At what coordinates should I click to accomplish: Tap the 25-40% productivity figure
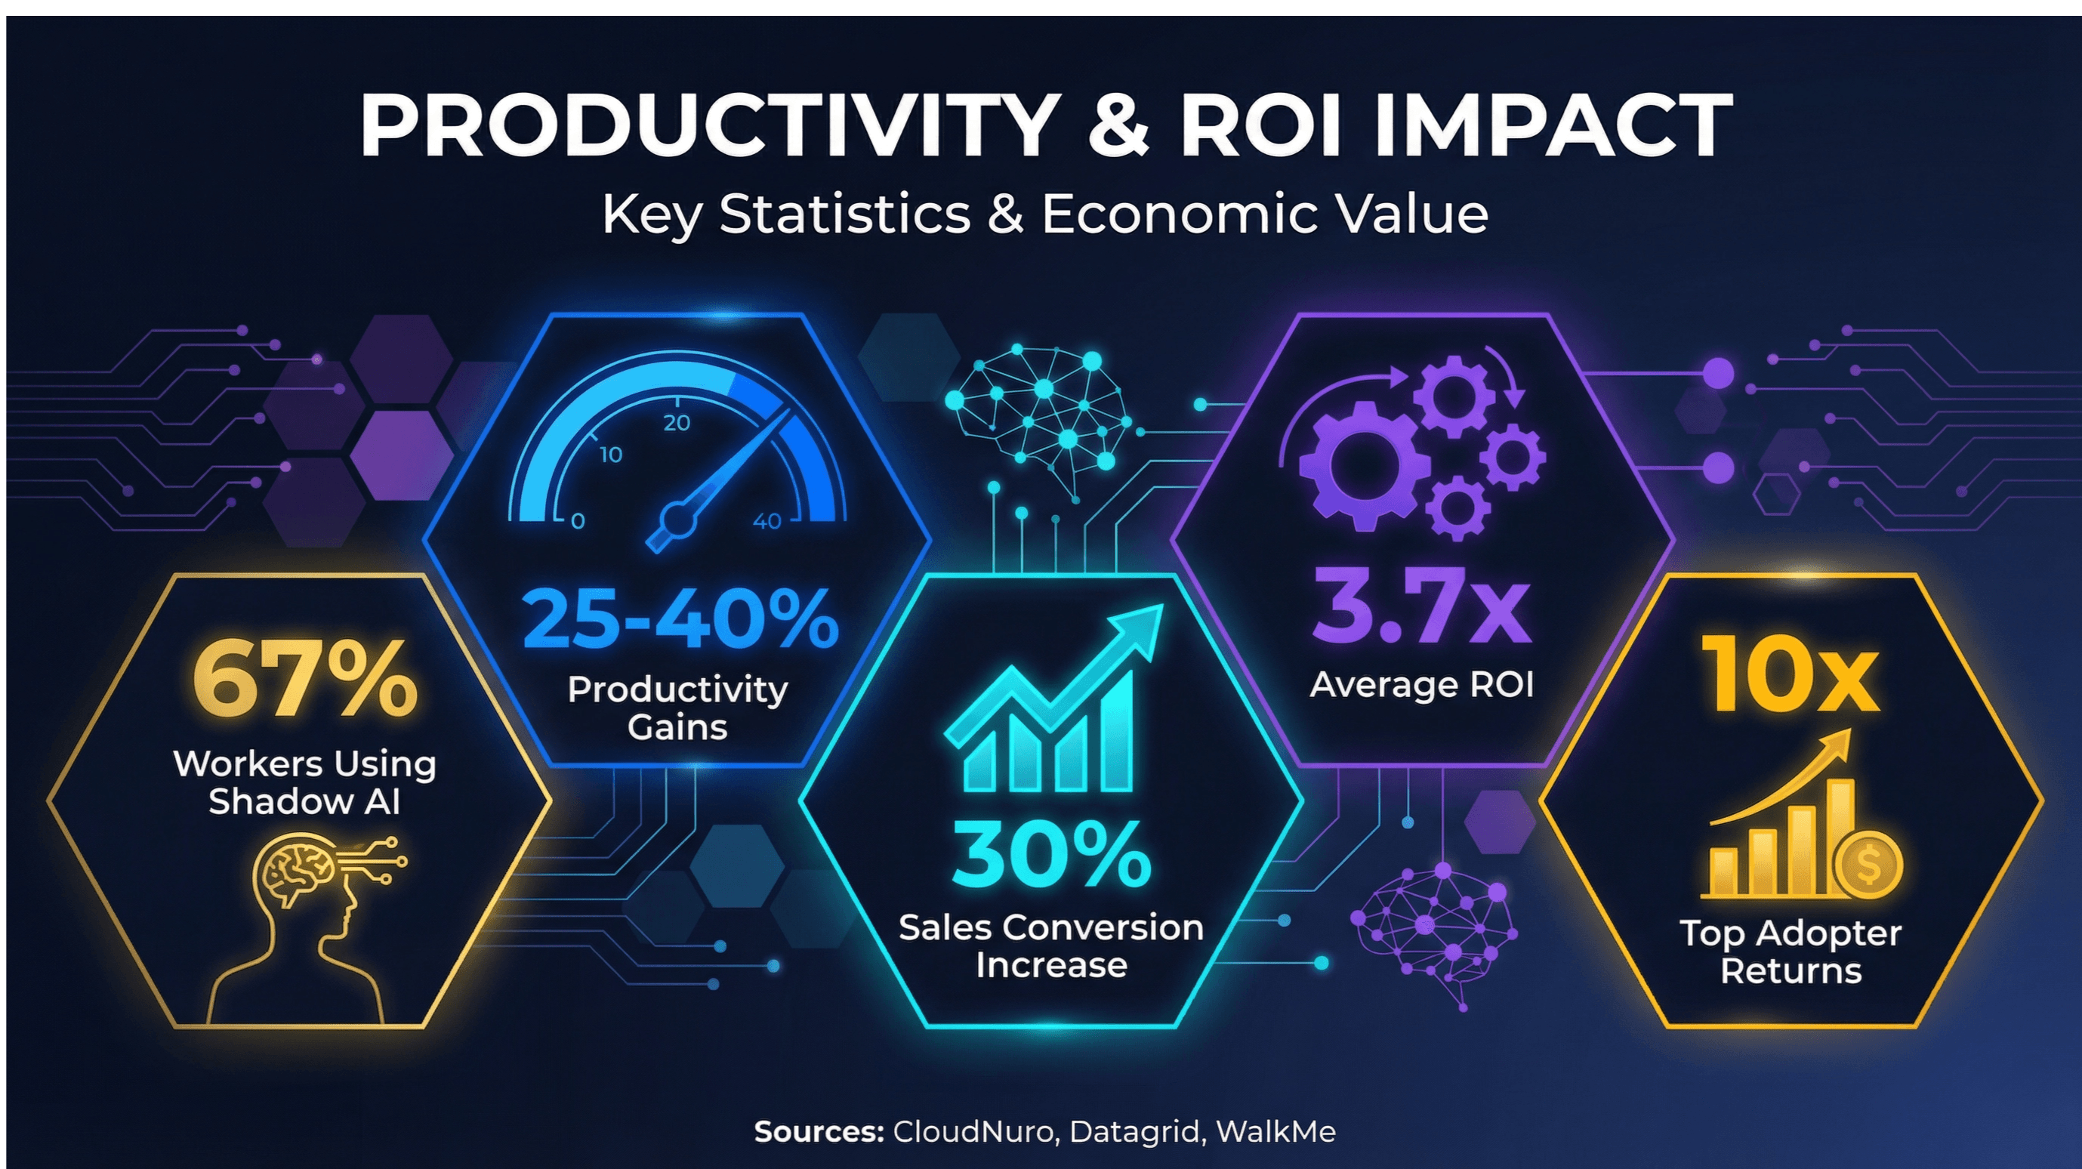pyautogui.click(x=679, y=618)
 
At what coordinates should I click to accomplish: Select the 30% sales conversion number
pyautogui.click(x=1050, y=855)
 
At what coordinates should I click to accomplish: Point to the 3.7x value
pyautogui.click(x=1421, y=605)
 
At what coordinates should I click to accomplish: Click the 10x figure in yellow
pyautogui.click(x=1790, y=674)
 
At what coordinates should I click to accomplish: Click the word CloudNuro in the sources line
pyautogui.click(x=974, y=1131)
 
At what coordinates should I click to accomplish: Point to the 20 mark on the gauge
pyautogui.click(x=677, y=423)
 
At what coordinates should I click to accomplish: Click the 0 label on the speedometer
pyautogui.click(x=577, y=521)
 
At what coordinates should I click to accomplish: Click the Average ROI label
pyautogui.click(x=1421, y=684)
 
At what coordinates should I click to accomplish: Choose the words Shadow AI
pyautogui.click(x=304, y=801)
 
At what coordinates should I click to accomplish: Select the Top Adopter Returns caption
pyautogui.click(x=1791, y=952)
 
